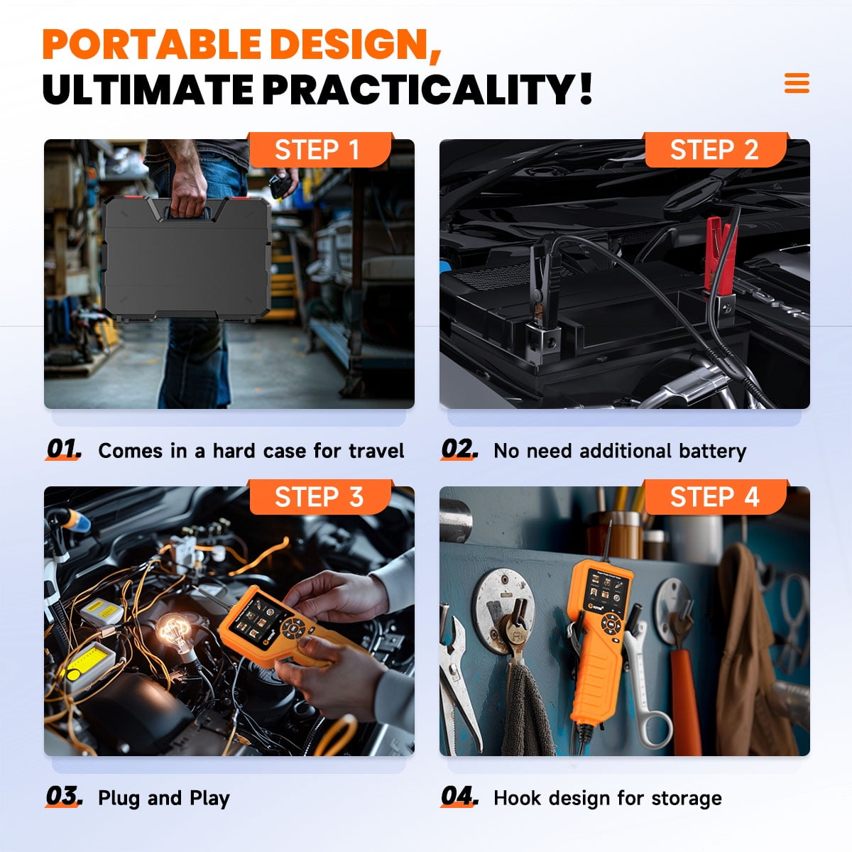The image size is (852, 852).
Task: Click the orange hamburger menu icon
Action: (x=797, y=83)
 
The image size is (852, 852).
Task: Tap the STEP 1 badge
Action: (x=320, y=149)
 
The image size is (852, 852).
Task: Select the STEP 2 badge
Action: (x=716, y=149)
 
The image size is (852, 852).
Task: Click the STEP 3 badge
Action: (x=320, y=496)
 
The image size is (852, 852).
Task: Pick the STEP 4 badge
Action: (x=716, y=496)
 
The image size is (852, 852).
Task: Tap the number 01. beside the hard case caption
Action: (x=64, y=449)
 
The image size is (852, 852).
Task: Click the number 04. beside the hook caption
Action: (x=459, y=797)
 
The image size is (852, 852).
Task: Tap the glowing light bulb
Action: (x=176, y=633)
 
